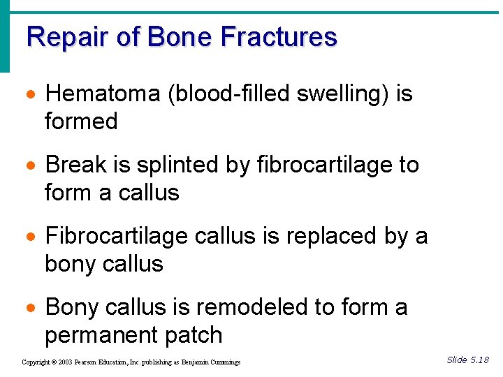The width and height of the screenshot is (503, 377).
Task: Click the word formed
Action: (x=81, y=121)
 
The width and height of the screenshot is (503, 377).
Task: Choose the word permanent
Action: (x=103, y=335)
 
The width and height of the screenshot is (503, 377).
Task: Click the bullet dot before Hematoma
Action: (x=31, y=94)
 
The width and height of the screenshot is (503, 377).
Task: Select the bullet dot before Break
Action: (x=31, y=165)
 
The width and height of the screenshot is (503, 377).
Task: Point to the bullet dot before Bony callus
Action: (x=31, y=308)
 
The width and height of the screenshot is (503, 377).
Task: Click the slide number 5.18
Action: (x=479, y=360)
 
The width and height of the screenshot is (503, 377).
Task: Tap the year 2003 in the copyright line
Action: (x=65, y=362)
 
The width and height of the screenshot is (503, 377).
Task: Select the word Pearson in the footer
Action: (x=87, y=362)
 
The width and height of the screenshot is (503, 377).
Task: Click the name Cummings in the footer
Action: (x=224, y=362)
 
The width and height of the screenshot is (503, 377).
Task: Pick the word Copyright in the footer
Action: (x=36, y=362)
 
